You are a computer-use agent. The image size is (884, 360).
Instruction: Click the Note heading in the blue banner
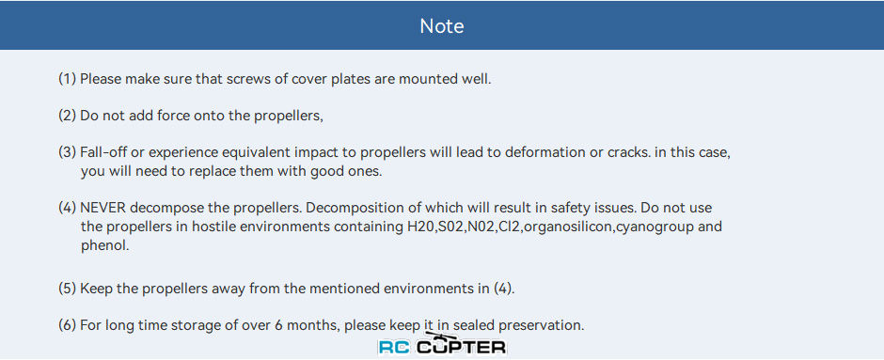pyautogui.click(x=442, y=26)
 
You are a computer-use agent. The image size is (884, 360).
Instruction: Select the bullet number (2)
pyautogui.click(x=68, y=116)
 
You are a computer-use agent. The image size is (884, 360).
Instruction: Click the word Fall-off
pyautogui.click(x=100, y=152)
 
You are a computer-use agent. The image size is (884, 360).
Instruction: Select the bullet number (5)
pyautogui.click(x=68, y=289)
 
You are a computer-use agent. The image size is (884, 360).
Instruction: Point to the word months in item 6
pyautogui.click(x=320, y=325)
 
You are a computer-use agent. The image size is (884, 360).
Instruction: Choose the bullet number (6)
pyautogui.click(x=68, y=325)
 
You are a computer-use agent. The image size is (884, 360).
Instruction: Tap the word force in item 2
pyautogui.click(x=172, y=116)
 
